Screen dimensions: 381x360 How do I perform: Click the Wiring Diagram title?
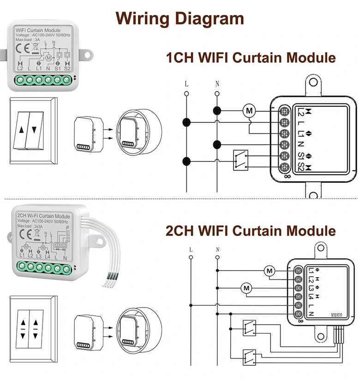[x=180, y=18]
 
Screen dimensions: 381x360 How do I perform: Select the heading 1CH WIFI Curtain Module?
[x=251, y=58]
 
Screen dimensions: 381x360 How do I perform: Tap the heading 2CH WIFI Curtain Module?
[x=251, y=230]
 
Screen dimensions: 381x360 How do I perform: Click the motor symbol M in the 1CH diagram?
[x=249, y=111]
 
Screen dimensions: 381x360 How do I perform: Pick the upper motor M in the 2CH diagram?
[x=270, y=271]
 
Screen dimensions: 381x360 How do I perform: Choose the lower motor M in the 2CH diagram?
[x=246, y=289]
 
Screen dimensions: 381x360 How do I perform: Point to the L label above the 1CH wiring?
[x=186, y=84]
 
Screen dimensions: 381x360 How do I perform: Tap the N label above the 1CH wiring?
[x=217, y=84]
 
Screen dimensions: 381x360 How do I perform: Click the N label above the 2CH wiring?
[x=217, y=250]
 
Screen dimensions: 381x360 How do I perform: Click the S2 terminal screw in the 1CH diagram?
[x=285, y=168]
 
